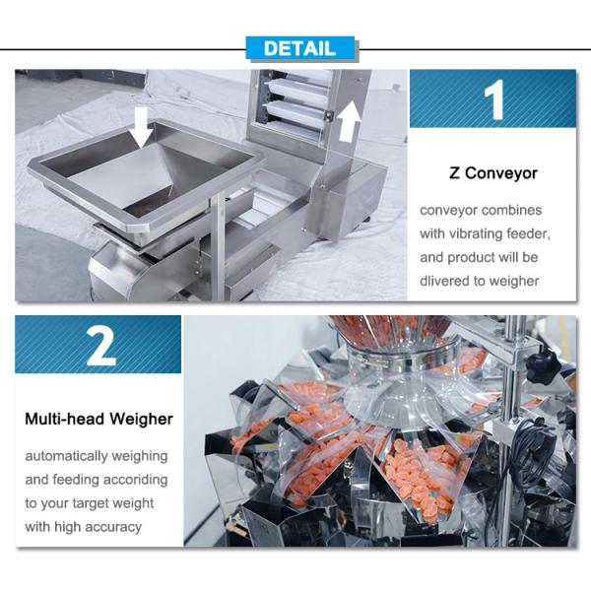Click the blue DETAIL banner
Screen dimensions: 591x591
coord(300,48)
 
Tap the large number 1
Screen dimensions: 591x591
coord(493,99)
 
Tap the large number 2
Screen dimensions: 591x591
coord(100,346)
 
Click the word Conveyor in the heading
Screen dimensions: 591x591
coord(501,173)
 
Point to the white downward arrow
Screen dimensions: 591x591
coord(141,127)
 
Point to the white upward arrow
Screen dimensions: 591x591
coord(350,120)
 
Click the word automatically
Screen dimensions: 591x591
coord(66,456)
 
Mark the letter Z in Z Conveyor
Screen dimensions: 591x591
coord(454,173)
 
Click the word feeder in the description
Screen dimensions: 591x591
coord(528,233)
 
